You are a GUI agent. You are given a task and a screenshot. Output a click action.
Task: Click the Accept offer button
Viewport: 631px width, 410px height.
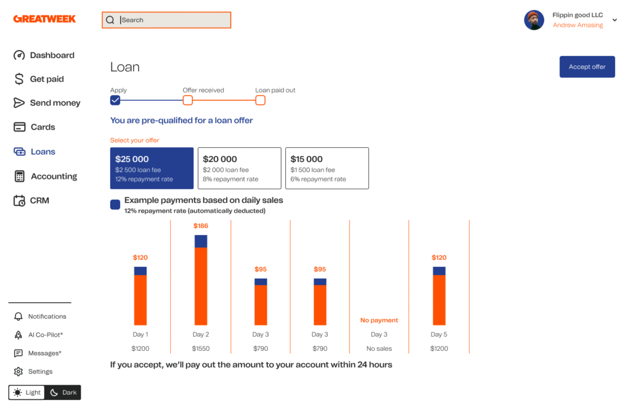click(587, 67)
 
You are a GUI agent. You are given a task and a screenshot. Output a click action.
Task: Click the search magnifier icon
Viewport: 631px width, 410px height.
click(110, 20)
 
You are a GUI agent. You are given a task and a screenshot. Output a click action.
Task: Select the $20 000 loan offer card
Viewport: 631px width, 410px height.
click(239, 168)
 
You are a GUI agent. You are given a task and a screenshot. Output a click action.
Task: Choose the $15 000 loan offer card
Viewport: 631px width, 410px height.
click(327, 168)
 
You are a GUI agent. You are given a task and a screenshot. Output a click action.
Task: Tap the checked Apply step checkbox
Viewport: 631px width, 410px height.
click(115, 100)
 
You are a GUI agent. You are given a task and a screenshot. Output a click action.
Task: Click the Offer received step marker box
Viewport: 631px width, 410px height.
click(188, 100)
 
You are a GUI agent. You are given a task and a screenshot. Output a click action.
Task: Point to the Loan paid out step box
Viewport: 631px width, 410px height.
click(261, 100)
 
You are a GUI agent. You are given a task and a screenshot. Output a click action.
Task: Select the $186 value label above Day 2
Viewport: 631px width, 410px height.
click(201, 226)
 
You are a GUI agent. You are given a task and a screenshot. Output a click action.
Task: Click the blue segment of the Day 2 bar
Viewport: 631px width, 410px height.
click(201, 241)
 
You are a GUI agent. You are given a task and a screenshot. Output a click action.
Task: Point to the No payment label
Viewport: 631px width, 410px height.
click(379, 321)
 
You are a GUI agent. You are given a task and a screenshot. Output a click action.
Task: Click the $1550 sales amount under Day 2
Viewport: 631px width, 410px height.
click(201, 349)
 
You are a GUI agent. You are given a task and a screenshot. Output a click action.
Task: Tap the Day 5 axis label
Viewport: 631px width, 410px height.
click(439, 335)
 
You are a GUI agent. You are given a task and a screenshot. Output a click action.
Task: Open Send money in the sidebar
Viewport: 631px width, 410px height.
click(55, 103)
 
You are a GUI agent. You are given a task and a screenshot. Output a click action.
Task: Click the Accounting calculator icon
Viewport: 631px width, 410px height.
click(20, 176)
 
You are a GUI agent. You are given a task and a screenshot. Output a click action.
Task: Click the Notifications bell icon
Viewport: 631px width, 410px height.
click(18, 317)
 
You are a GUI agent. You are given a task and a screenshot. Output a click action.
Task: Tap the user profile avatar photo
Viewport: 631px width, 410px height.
click(534, 20)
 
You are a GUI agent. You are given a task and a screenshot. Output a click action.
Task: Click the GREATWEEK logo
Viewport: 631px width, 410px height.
click(44, 19)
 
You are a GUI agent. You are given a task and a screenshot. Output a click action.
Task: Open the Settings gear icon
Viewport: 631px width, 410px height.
click(18, 372)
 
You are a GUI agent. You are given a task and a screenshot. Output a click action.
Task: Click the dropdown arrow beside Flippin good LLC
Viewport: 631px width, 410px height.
click(614, 20)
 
